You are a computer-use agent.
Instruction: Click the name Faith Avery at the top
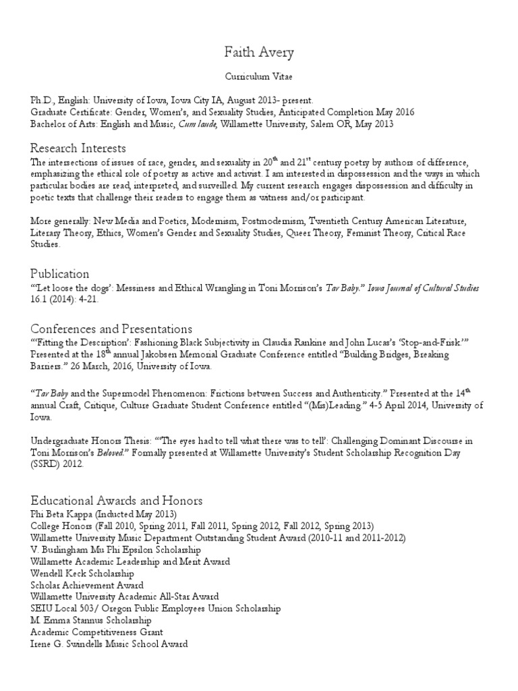(259, 52)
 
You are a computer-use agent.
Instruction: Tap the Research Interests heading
(78, 148)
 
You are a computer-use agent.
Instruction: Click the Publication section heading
(59, 273)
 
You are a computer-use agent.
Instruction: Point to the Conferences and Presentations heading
(111, 329)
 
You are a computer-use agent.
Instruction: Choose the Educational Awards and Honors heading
(117, 501)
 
